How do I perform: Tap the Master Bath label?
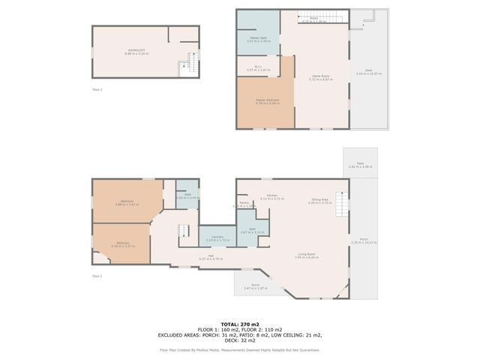pyautogui.click(x=259, y=37)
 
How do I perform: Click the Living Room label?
pyautogui.click(x=306, y=254)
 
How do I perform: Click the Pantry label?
pyautogui.click(x=244, y=202)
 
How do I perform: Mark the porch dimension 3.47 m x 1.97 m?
pyautogui.click(x=256, y=287)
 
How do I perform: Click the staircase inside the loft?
pyautogui.click(x=187, y=68)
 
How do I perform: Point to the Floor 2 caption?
pyautogui.click(x=97, y=89)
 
